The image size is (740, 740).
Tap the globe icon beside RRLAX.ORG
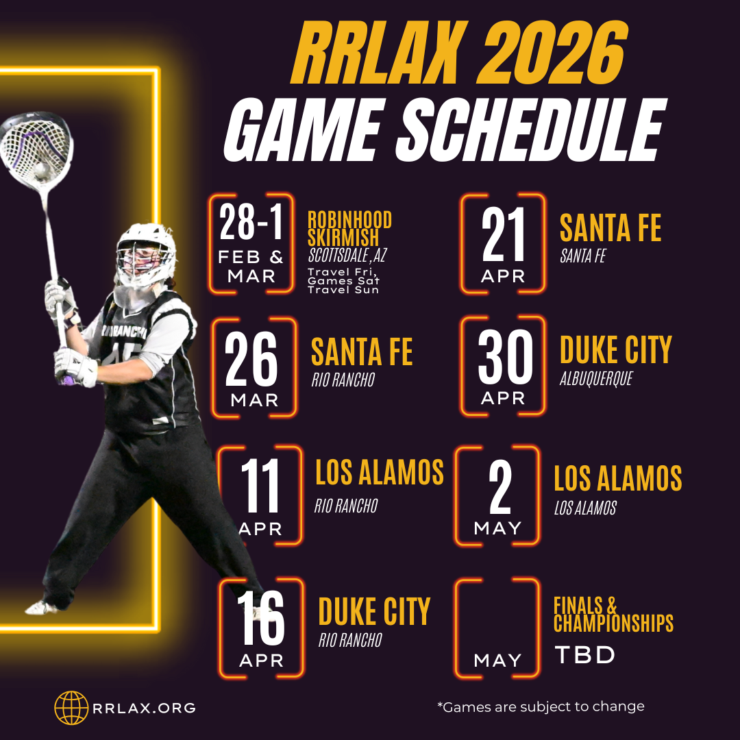pos(72,708)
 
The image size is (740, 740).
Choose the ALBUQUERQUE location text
pos(596,379)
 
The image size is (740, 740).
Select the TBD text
pos(584,655)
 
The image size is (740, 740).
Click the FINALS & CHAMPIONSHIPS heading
pos(613,615)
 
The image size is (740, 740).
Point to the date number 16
pos(260,619)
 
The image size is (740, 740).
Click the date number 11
pos(260,486)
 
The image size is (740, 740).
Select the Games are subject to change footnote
pos(541,706)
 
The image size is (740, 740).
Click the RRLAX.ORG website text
pos(145,708)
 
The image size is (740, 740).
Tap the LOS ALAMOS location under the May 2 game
pos(585,508)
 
